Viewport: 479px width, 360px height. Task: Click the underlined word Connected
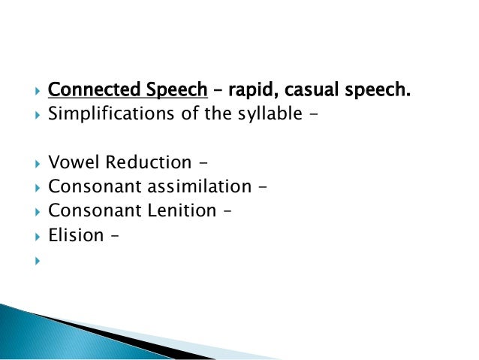pos(86,92)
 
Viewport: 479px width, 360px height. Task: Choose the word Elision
pos(76,235)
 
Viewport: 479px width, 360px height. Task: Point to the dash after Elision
pos(116,236)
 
